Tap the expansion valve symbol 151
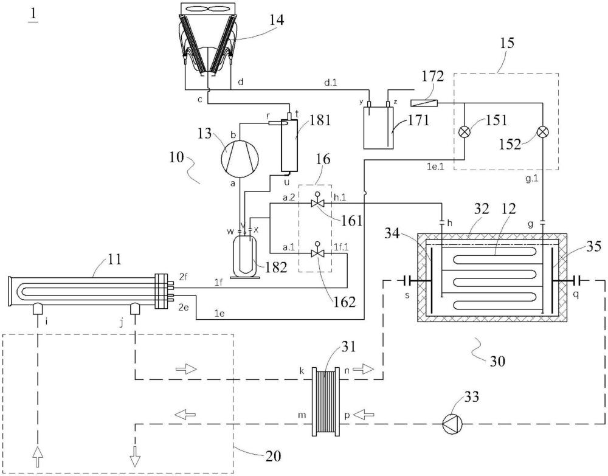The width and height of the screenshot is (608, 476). [x=464, y=132]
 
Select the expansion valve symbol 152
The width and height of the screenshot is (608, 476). [x=542, y=132]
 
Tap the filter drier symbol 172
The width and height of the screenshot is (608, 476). [x=424, y=103]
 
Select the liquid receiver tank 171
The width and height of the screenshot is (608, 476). [x=378, y=128]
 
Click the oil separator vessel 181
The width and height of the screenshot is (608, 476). [x=289, y=145]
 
